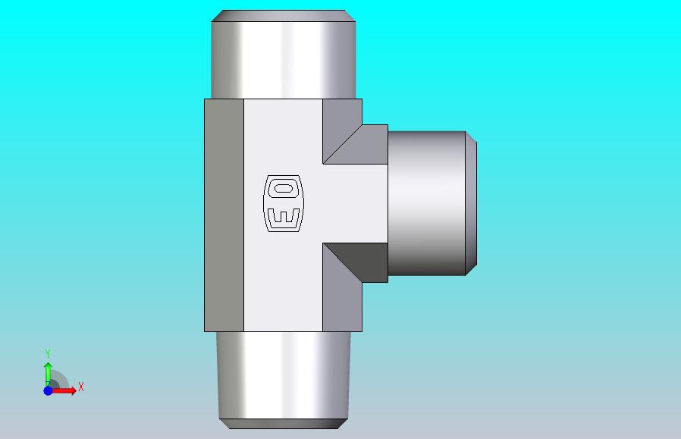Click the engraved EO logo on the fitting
[284, 203]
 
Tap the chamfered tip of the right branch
[471, 203]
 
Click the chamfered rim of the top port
[283, 16]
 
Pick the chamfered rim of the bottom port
[284, 424]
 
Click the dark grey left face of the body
[224, 215]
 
